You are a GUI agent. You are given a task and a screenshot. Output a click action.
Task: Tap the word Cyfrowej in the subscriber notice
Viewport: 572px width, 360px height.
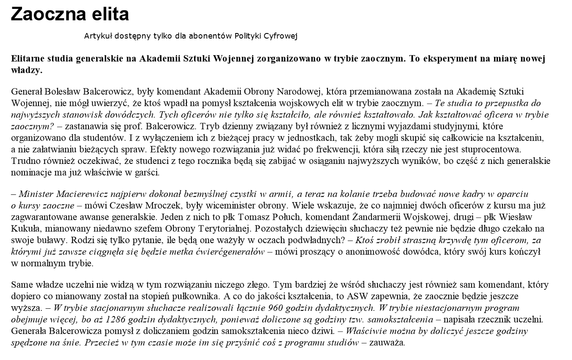pos(281,36)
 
